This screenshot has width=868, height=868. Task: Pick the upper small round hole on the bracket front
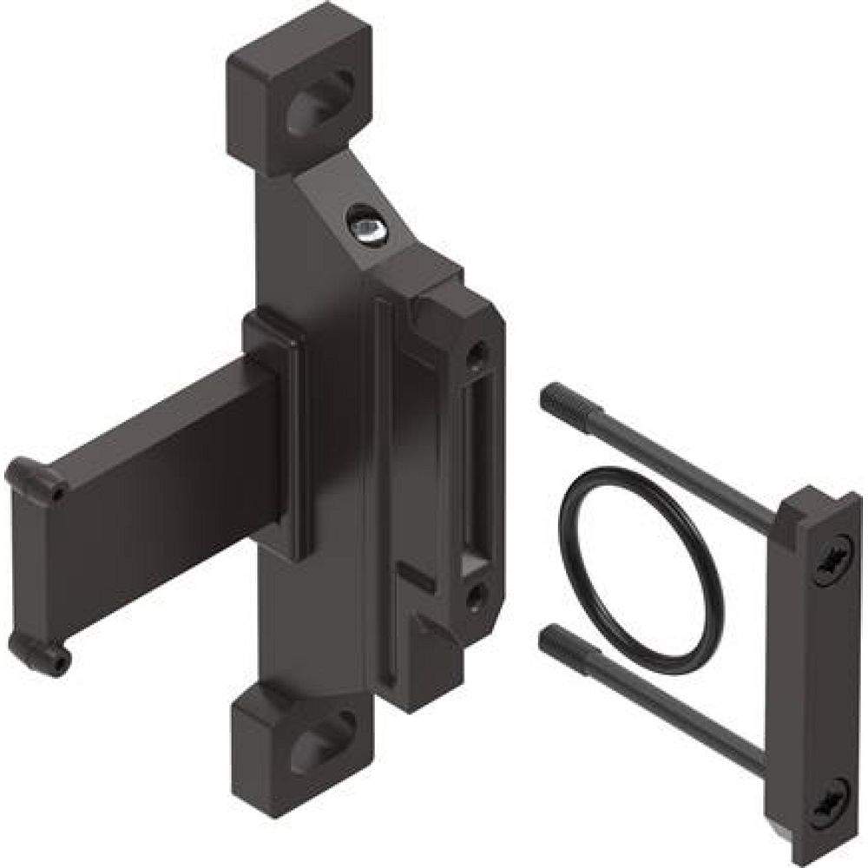[474, 354]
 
